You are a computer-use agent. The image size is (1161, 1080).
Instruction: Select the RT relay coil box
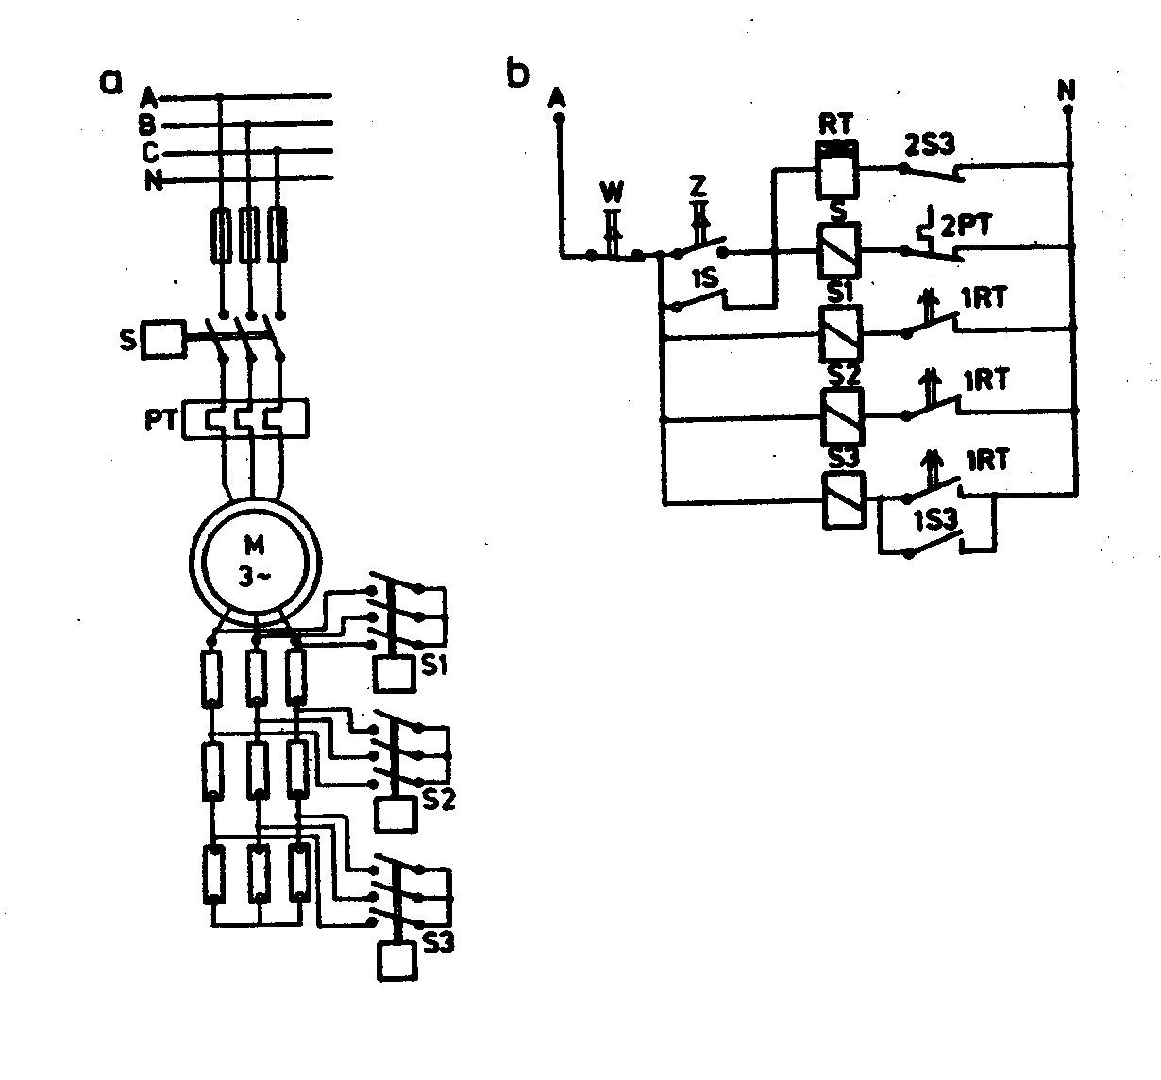(x=837, y=170)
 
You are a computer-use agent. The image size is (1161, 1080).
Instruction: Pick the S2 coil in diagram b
(x=839, y=416)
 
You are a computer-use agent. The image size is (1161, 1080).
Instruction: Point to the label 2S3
(x=929, y=145)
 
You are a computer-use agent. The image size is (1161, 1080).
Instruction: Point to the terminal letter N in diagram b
(x=1067, y=90)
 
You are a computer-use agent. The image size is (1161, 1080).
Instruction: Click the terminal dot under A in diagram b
(x=558, y=118)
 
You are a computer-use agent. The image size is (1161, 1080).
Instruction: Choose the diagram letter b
(x=518, y=75)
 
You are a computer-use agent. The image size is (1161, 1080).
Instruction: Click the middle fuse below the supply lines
(x=249, y=235)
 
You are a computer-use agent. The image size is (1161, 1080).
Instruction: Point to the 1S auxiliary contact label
(x=705, y=280)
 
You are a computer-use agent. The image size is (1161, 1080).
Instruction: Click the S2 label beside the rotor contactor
(x=439, y=800)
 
